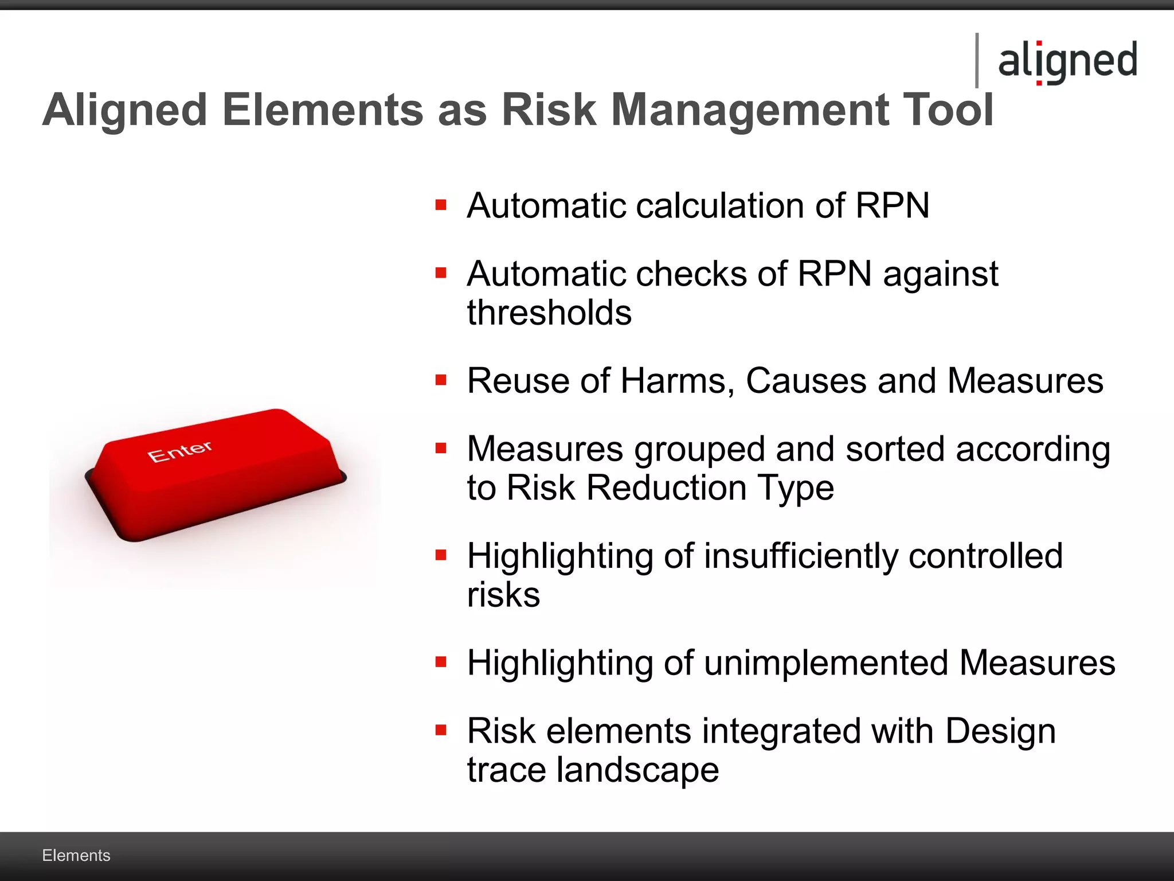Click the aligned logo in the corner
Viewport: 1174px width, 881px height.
click(x=1067, y=61)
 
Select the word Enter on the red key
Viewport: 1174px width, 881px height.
click(x=179, y=451)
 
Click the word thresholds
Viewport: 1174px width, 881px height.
click(x=549, y=313)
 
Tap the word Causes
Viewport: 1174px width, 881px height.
click(x=806, y=381)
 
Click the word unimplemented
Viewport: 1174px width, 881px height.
click(x=826, y=663)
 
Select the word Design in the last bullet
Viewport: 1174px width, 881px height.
click(x=1000, y=731)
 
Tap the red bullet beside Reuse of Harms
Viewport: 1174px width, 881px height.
click(x=440, y=380)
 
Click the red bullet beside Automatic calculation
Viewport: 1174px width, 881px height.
click(x=440, y=205)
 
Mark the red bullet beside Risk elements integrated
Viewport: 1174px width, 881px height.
click(x=440, y=730)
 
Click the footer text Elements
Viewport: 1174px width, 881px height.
click(x=76, y=855)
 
